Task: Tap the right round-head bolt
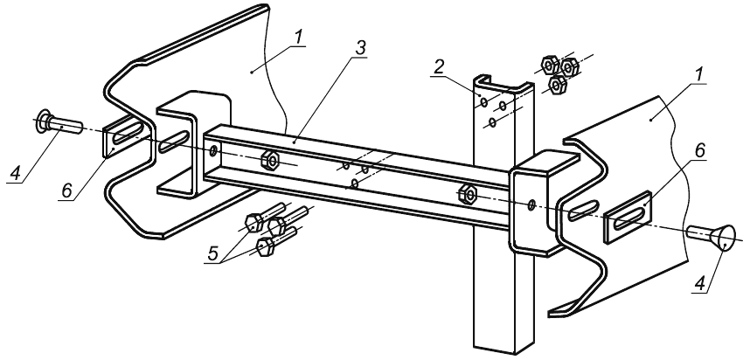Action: (x=707, y=235)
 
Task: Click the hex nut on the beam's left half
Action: (x=271, y=162)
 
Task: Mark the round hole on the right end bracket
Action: (x=532, y=205)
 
